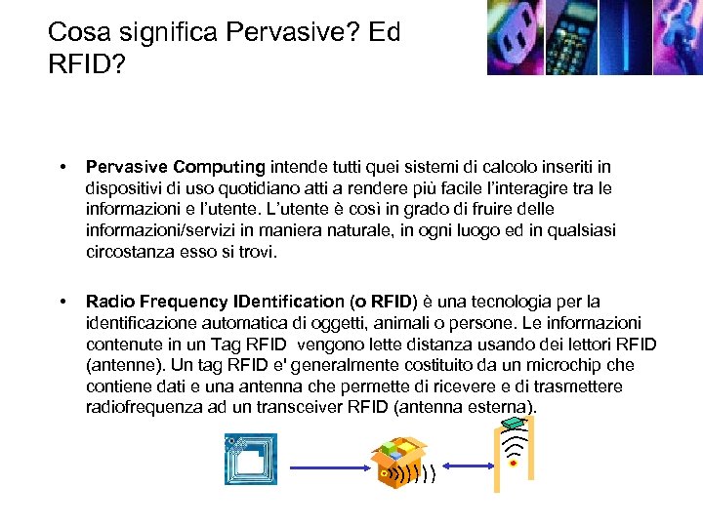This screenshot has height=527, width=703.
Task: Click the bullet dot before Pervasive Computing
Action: coord(63,167)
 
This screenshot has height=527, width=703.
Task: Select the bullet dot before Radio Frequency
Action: coord(63,302)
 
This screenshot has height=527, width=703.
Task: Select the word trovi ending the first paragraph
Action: coord(255,252)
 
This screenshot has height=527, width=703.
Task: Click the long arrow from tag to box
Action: coord(327,467)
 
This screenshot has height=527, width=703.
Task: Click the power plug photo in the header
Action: coord(515,37)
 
